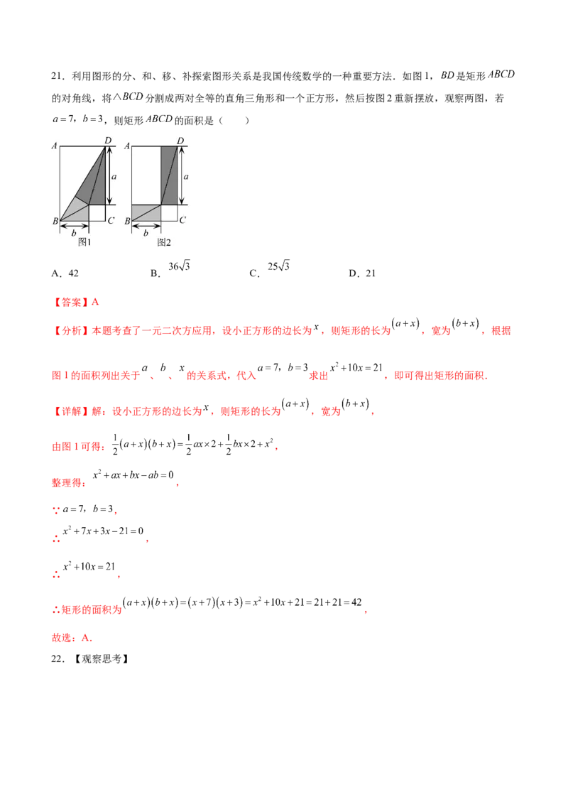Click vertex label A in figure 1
click(55, 146)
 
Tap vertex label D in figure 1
click(108, 141)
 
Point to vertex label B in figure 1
click(55, 222)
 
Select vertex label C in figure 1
click(110, 220)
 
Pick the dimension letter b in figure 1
click(74, 232)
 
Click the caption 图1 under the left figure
click(84, 242)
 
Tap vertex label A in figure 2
click(127, 146)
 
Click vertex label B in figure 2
click(127, 222)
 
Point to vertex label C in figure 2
click(182, 220)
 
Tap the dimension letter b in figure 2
click(146, 232)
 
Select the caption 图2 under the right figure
click(164, 242)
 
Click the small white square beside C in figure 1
click(97, 212)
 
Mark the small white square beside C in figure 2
click(169, 212)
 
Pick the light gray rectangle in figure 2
click(146, 212)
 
